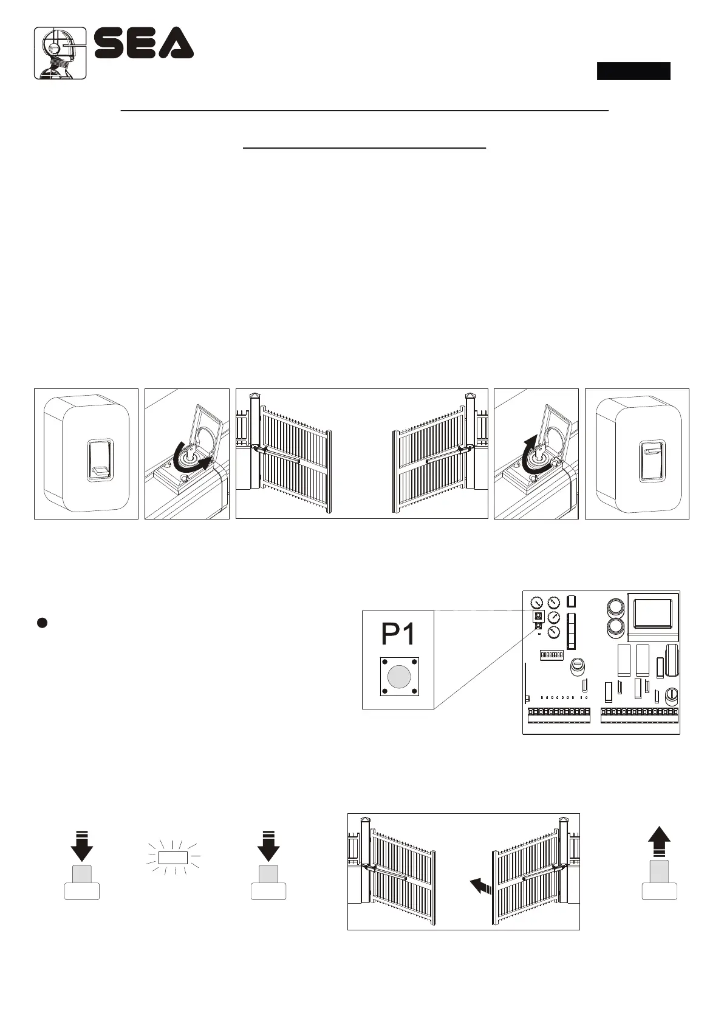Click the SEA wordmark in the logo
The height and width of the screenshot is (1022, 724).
click(144, 44)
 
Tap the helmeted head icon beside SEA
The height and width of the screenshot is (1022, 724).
click(60, 53)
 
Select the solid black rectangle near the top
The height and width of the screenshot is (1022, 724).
click(633, 71)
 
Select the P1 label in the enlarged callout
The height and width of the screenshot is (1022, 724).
click(398, 634)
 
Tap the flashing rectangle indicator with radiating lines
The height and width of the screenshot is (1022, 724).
click(172, 858)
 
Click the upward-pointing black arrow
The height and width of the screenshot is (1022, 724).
click(659, 844)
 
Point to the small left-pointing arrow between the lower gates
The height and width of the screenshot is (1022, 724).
click(479, 887)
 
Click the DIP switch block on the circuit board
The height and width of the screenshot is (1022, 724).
click(552, 655)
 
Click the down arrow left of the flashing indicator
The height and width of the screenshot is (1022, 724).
click(82, 845)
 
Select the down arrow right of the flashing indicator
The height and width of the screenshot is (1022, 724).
click(268, 845)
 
